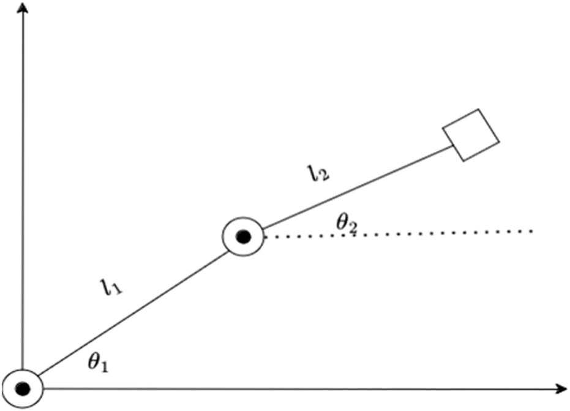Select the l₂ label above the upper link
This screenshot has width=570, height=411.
[318, 175]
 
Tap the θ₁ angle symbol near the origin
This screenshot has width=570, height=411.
[99, 364]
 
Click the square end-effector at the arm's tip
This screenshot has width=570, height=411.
[471, 135]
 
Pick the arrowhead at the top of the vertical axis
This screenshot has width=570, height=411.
[23, 7]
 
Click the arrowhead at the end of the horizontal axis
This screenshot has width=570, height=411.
[560, 388]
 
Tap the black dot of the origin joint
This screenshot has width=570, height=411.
[23, 388]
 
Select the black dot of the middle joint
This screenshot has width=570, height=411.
[244, 236]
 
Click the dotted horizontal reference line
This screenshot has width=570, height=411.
[398, 233]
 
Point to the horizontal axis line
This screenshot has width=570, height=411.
[294, 388]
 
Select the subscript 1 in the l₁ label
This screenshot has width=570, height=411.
[118, 290]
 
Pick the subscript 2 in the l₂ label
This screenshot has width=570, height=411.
[324, 178]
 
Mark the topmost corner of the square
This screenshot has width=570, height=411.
[479, 110]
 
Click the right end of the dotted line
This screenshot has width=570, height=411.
[533, 231]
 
